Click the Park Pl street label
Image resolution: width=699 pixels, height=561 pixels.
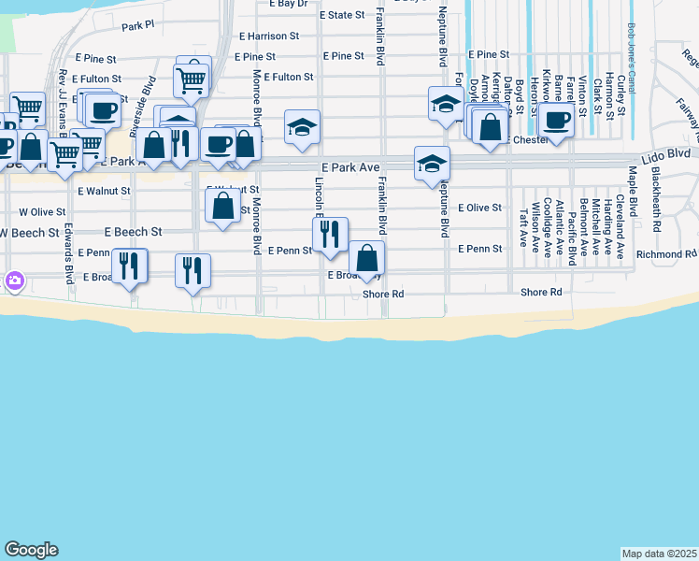point(136,25)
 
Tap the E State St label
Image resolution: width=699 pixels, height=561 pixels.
point(341,15)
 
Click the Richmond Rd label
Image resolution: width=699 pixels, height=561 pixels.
point(666,253)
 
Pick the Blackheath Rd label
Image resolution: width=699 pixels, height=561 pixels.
point(657,199)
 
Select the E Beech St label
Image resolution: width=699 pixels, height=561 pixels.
point(134,231)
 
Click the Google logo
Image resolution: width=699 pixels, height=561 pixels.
point(31,550)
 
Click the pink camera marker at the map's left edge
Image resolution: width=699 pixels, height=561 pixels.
point(14,280)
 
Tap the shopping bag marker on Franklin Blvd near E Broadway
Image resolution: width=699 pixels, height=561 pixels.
point(366,258)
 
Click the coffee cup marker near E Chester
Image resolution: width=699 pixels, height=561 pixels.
point(557,120)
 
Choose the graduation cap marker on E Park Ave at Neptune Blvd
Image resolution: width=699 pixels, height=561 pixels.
point(432,164)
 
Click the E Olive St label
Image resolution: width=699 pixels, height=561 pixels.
point(480,208)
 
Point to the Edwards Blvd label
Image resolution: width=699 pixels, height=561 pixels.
point(69,252)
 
